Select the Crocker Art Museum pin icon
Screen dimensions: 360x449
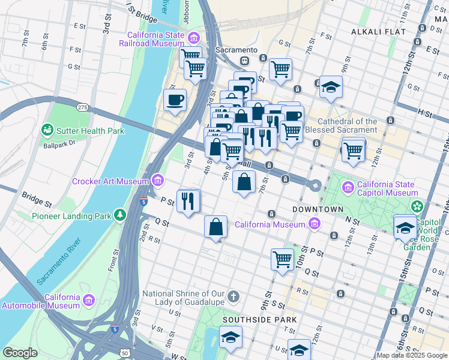[x=157, y=179]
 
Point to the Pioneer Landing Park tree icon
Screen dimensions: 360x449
[x=121, y=214]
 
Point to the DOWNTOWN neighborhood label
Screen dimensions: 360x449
[x=318, y=209]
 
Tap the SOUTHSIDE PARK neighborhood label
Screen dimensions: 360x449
[x=249, y=320]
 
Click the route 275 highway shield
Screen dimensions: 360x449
[x=83, y=107]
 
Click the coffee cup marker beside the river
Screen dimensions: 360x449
[x=175, y=100]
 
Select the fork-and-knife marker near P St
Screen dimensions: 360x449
[x=188, y=201]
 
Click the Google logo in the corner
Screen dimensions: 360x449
[x=20, y=353]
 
